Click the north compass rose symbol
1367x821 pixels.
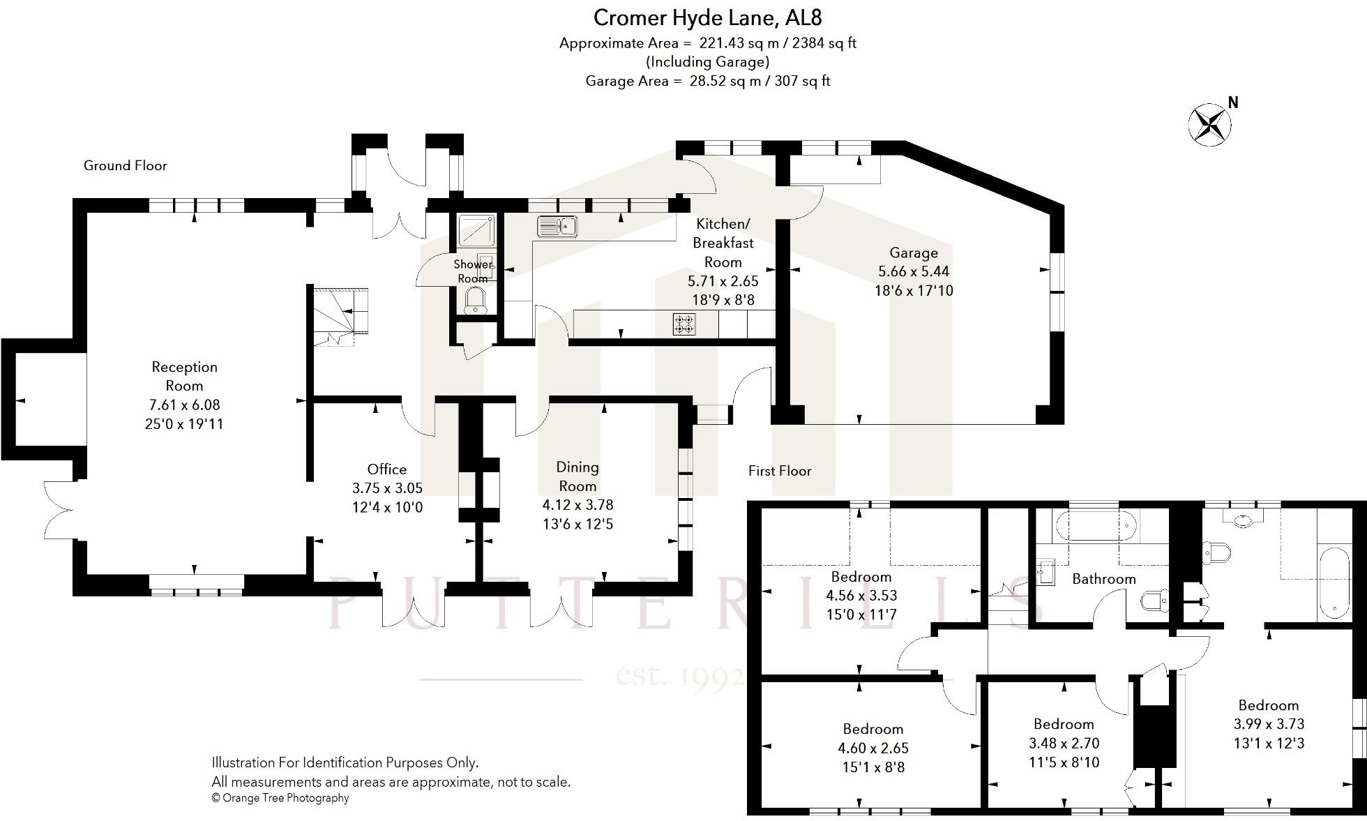1209,125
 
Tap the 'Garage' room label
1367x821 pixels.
913,253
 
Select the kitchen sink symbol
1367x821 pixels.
557,226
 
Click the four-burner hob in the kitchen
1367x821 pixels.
683,324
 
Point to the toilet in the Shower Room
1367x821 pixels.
475,301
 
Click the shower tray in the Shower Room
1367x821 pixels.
476,230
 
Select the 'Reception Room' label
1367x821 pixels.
184,376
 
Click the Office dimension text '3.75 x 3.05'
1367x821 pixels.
387,488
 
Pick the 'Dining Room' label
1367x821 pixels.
577,476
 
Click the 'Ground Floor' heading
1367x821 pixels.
126,165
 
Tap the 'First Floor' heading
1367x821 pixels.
780,471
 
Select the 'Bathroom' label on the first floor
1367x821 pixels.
1103,579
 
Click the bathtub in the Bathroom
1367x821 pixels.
1095,525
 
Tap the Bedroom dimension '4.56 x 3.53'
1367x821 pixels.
861,596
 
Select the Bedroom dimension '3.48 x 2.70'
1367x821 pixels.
1064,743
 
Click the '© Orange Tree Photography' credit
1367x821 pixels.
280,798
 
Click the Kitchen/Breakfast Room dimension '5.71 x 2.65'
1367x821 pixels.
723,281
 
